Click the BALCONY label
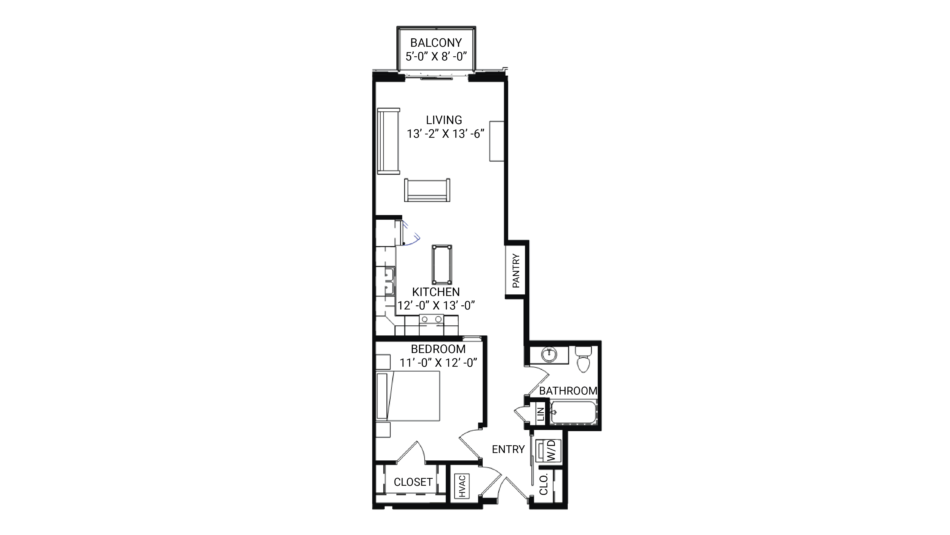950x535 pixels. [436, 43]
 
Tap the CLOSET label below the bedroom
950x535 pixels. [413, 482]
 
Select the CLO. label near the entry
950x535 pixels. [544, 484]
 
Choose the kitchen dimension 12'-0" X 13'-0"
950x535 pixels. [436, 305]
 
